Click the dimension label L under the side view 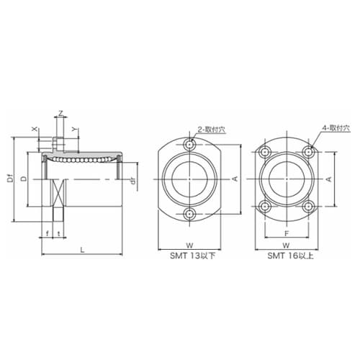(x=82, y=250)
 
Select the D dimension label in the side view (x=24, y=179)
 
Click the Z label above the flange (x=61, y=113)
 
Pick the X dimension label (x=35, y=129)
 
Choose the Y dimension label (x=76, y=129)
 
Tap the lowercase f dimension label (x=48, y=233)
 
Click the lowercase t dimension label (x=59, y=233)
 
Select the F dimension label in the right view (x=287, y=233)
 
